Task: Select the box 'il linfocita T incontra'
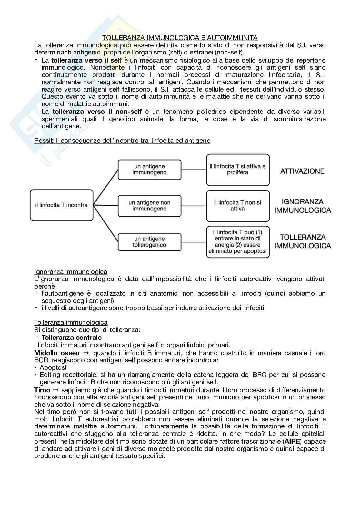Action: coord(62,205)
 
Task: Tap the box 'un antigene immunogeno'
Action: coord(149,170)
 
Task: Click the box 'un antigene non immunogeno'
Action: coord(149,206)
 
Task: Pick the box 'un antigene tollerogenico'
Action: coord(149,242)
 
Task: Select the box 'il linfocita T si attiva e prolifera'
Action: coord(238,170)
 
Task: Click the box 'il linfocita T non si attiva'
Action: coord(238,206)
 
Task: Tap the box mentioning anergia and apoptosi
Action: coord(238,242)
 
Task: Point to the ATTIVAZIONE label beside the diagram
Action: coord(302,171)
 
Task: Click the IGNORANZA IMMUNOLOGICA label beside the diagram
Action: coord(303,206)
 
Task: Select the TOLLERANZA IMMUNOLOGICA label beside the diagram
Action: coord(303,241)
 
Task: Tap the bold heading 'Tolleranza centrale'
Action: coord(72,338)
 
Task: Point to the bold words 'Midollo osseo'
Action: coord(57,353)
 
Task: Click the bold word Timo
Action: coord(42,390)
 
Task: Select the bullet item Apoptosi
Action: coord(53,367)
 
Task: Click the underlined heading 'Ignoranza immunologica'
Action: coord(71,272)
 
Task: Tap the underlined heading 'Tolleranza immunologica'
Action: coord(71,322)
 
